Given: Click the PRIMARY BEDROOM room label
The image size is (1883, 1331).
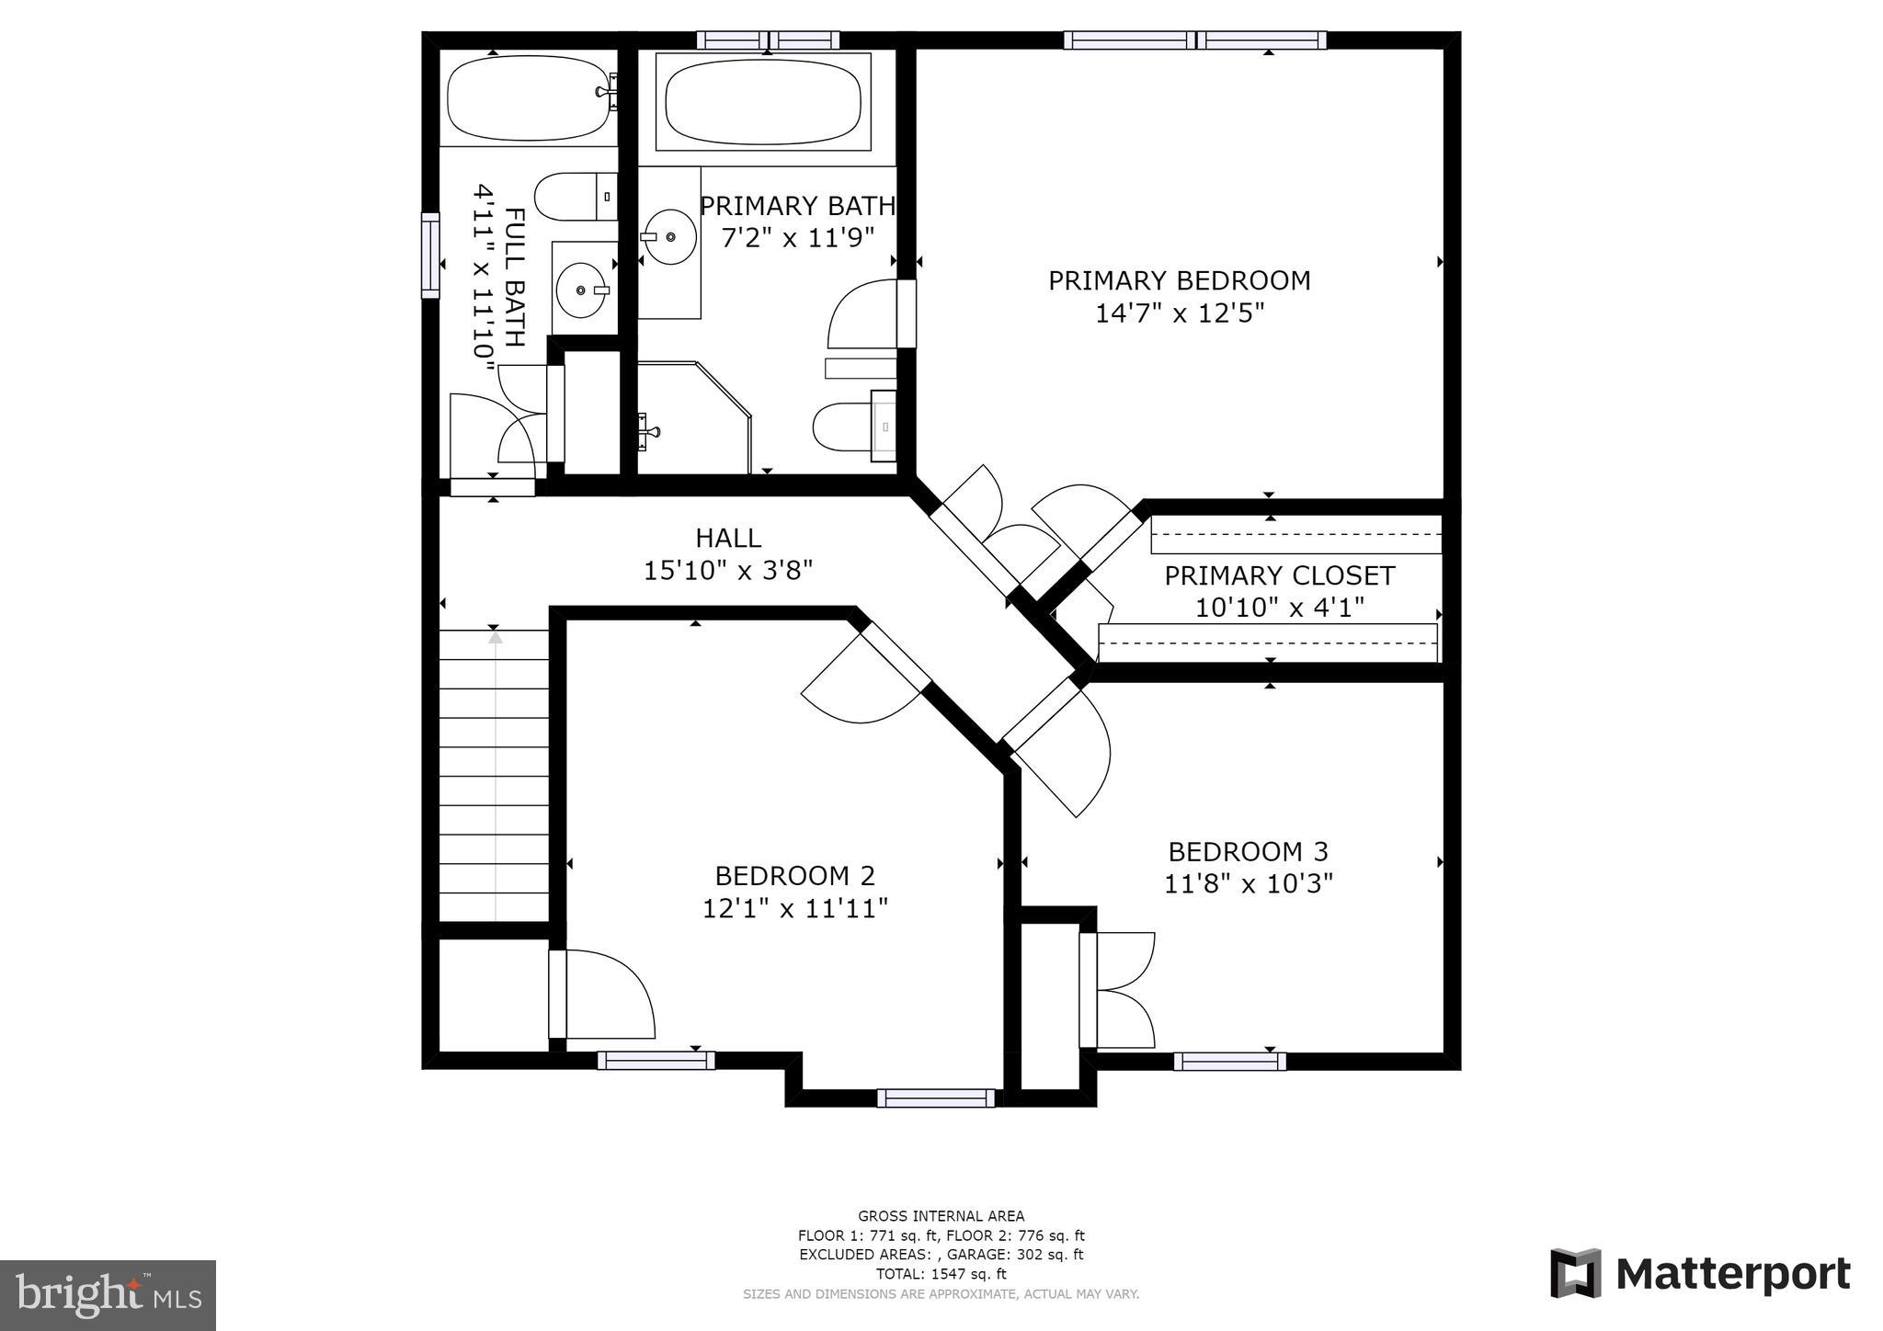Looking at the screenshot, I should pos(1179,280).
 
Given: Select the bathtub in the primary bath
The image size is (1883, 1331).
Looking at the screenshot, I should pos(763,101).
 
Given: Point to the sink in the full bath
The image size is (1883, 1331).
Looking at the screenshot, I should pos(583,289).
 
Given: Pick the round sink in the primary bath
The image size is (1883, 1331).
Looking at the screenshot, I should pos(668,237).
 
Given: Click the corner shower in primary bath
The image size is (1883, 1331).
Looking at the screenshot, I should pos(690,418).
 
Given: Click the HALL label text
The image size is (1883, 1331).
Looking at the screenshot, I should pos(727,538).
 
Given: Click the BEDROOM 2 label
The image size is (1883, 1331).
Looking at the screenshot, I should pos(794,875).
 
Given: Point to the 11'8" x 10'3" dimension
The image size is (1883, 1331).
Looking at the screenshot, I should pos(1248,884).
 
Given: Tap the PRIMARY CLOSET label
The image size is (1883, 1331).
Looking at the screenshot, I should pos(1279,575).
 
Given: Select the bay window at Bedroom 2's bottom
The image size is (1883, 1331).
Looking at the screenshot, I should pos(935,1098).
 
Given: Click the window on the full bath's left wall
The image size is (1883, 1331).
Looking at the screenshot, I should pos(430,256).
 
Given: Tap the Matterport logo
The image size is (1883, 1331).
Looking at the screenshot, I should pos(1700,1274).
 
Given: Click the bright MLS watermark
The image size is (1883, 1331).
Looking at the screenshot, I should pos(108,1295).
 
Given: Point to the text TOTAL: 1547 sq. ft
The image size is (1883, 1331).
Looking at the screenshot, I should pos(941,1274).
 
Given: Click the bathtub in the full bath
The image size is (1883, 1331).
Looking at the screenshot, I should pos(529,98).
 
